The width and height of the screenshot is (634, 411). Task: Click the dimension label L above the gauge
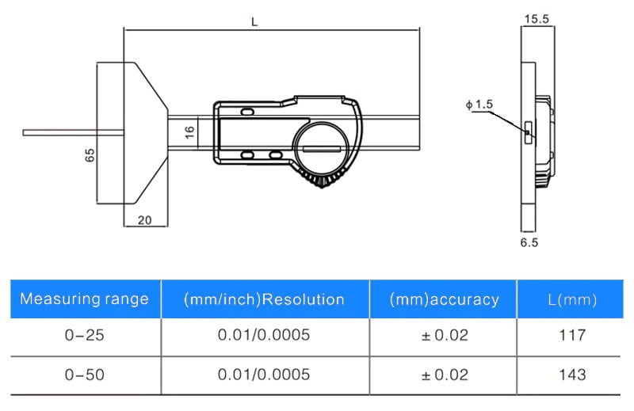[254, 22]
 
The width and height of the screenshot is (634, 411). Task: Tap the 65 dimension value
[90, 155]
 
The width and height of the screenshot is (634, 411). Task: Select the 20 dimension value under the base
[145, 220]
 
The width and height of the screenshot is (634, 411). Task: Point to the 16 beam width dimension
[189, 132]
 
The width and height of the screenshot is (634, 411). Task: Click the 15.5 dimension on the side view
[537, 19]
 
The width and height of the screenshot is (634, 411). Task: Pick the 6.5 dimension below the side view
[529, 242]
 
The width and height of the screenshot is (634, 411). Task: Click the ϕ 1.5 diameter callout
[479, 105]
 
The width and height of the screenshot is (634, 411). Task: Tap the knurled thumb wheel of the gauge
[323, 179]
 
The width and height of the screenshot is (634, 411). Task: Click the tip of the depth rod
[24, 132]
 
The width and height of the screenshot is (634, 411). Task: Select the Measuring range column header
[85, 299]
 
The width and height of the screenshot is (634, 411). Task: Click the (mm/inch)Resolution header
[264, 299]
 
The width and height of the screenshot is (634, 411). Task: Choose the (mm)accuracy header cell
[444, 299]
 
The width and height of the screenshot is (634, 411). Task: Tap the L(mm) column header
[572, 299]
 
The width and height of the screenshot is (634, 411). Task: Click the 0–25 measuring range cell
[85, 335]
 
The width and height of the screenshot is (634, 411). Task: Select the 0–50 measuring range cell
[85, 375]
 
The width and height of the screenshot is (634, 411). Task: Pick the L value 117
[572, 335]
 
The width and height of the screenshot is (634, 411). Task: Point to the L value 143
[572, 375]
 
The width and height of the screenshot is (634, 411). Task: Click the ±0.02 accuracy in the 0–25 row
[445, 335]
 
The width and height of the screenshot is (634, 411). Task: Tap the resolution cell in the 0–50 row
[264, 375]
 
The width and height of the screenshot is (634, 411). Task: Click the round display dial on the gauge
[321, 148]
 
